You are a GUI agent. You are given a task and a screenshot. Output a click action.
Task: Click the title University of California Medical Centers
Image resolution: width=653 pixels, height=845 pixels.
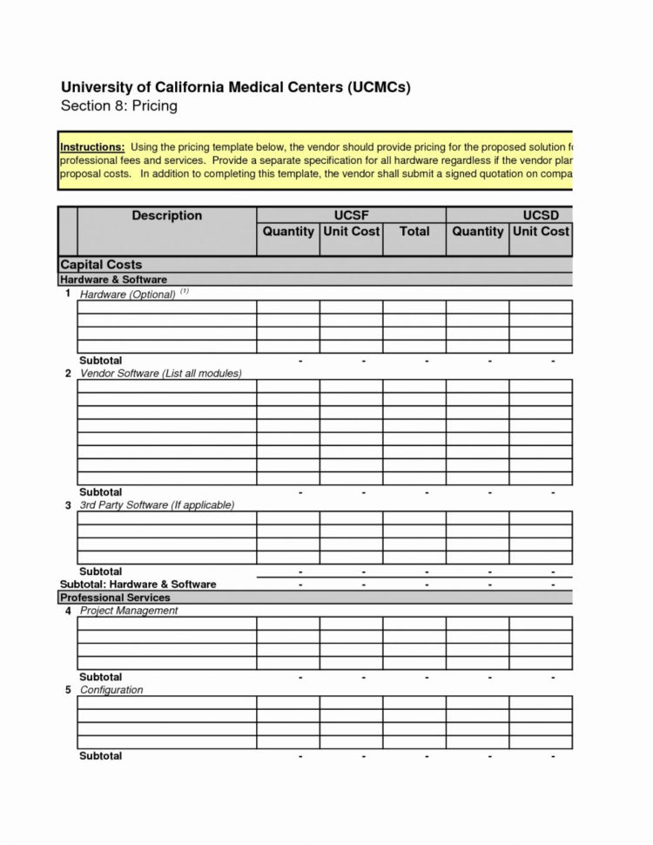(234, 88)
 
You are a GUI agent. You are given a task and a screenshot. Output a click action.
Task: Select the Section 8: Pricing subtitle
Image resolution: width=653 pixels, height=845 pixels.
(118, 106)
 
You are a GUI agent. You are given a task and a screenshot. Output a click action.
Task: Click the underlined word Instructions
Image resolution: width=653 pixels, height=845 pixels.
(92, 146)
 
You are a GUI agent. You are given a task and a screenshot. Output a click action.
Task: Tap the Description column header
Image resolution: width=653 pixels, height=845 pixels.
(166, 216)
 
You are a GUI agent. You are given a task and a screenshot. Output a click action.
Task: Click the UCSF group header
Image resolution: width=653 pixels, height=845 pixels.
(351, 216)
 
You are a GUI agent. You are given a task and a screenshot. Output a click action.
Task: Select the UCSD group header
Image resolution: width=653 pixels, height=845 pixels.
(540, 216)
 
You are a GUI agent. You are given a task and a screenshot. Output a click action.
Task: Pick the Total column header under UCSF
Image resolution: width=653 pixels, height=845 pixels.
(414, 232)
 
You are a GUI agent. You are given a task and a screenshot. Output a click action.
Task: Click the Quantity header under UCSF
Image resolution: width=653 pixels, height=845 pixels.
(288, 232)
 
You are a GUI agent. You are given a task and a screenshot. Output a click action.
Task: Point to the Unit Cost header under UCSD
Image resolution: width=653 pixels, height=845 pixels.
(541, 232)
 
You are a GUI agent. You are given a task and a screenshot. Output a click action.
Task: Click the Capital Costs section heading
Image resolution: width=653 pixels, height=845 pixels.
(101, 264)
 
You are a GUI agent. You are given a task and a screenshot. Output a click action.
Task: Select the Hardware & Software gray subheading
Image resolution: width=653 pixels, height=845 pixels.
(113, 280)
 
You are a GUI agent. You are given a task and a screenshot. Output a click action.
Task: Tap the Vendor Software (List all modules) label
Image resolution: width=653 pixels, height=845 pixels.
(160, 373)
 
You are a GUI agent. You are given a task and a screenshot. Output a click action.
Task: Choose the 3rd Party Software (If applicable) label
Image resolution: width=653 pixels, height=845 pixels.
(157, 505)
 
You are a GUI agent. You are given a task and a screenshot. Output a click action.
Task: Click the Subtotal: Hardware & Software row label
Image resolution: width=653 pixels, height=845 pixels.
(138, 584)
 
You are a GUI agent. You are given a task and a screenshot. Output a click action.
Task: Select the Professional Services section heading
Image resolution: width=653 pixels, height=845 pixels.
(115, 598)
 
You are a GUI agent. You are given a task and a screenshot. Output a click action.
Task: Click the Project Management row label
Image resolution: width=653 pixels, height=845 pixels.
(129, 611)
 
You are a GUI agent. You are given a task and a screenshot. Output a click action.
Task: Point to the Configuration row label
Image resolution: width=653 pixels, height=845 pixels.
(111, 690)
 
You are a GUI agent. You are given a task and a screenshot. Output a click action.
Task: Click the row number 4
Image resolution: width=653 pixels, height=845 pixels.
(67, 611)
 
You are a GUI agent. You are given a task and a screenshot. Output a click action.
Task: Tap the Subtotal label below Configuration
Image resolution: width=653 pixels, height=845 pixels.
(101, 756)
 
